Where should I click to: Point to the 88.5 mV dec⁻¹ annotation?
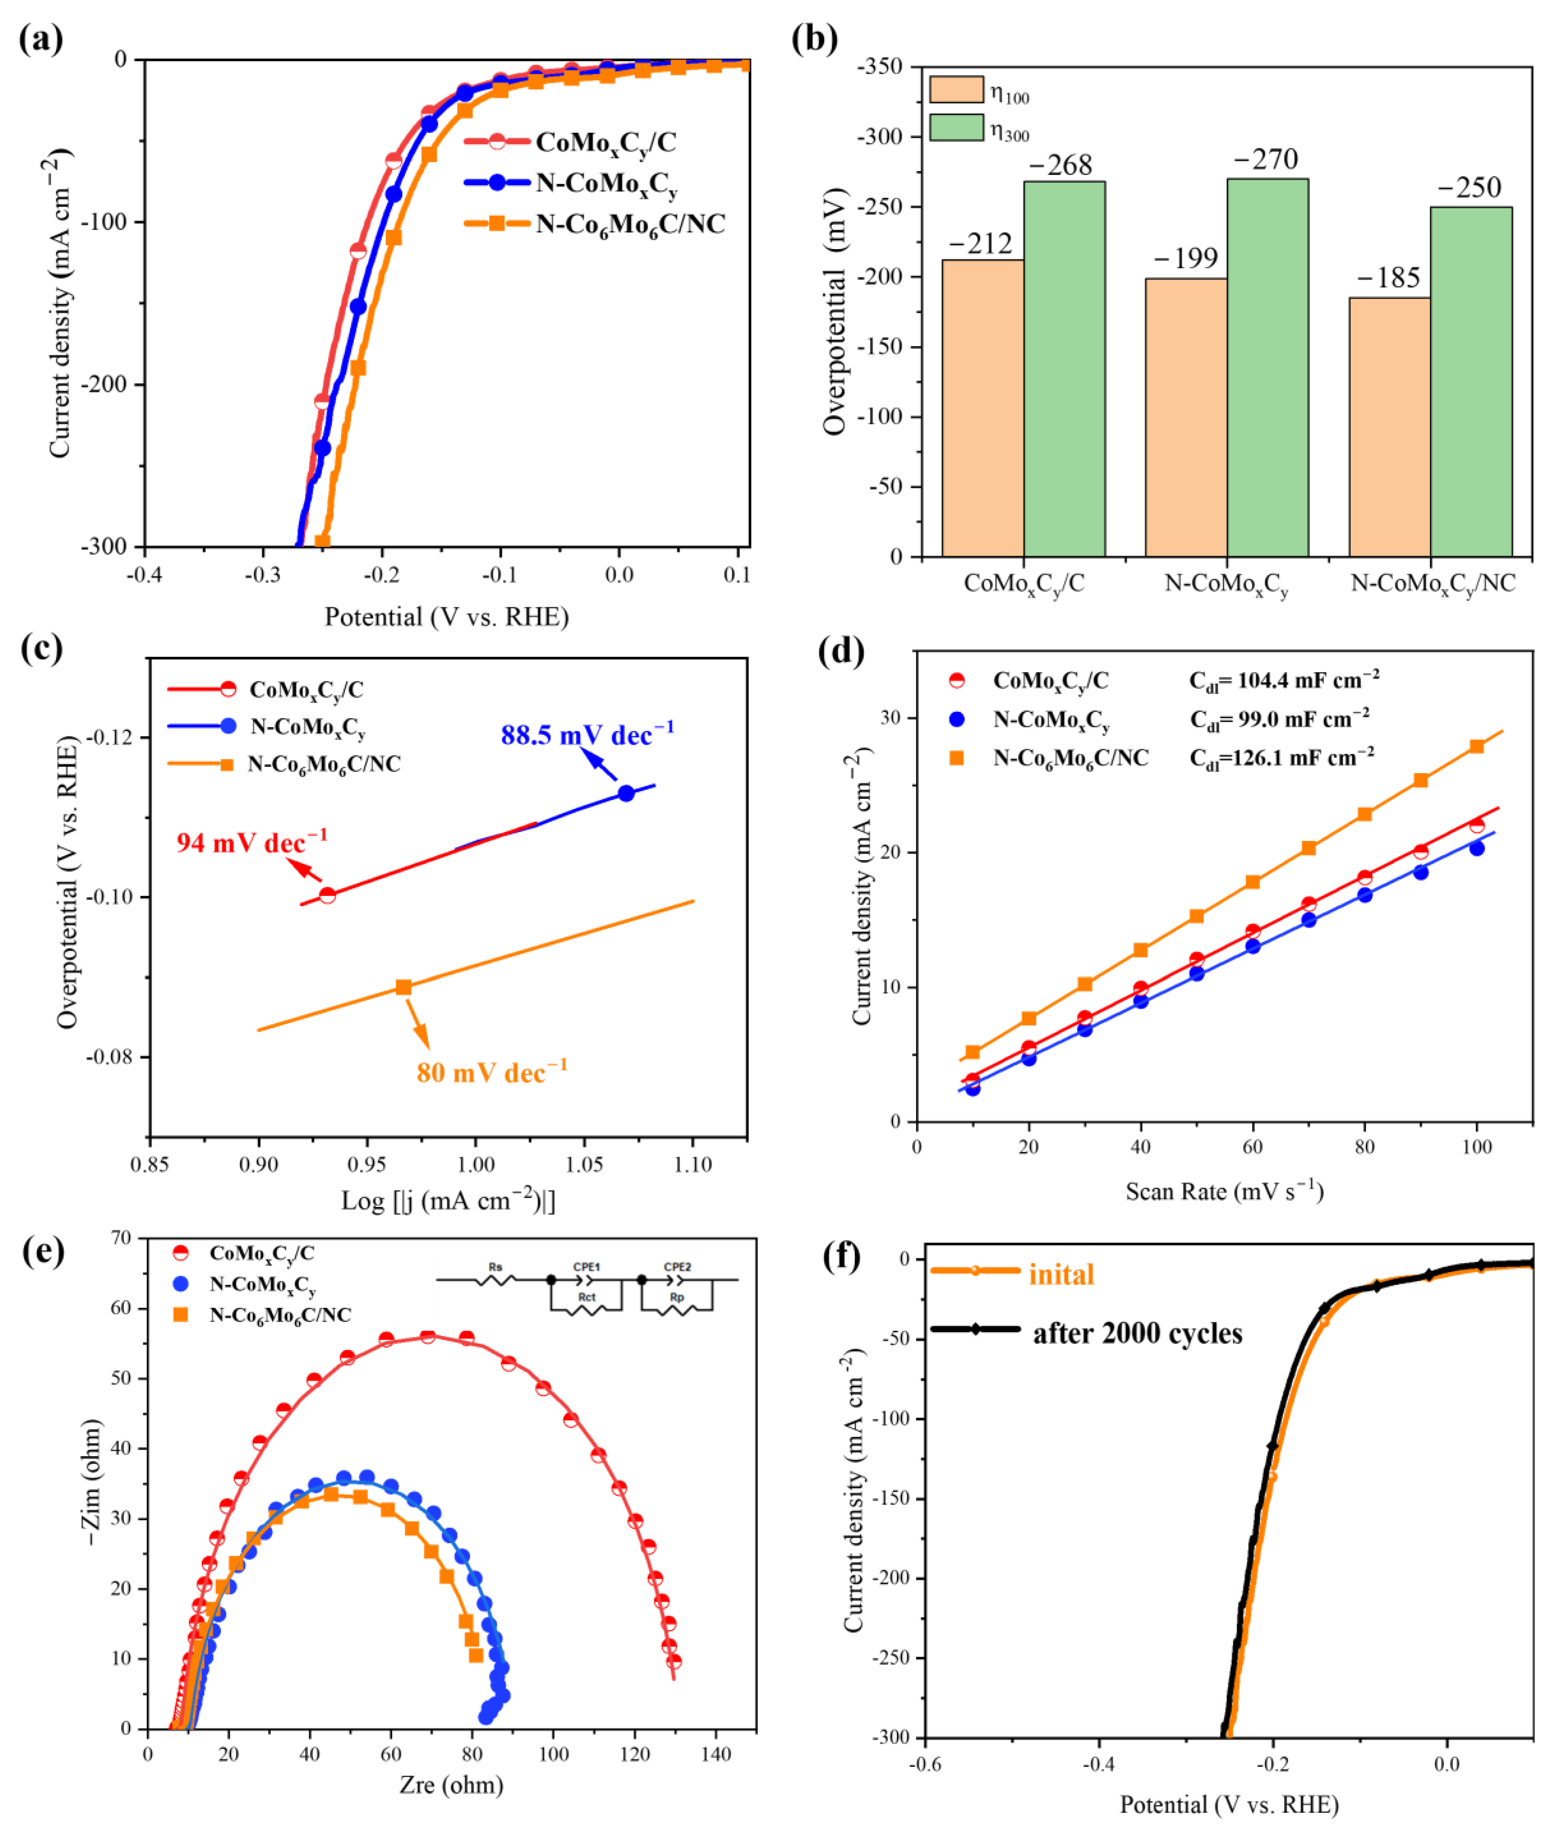point(587,734)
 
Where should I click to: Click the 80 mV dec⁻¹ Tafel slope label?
point(492,1072)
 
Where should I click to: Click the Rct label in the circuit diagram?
point(586,1297)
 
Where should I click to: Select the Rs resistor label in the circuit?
point(495,1267)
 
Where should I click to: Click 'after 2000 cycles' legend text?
point(1137,1333)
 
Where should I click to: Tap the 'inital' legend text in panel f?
point(1061,1274)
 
